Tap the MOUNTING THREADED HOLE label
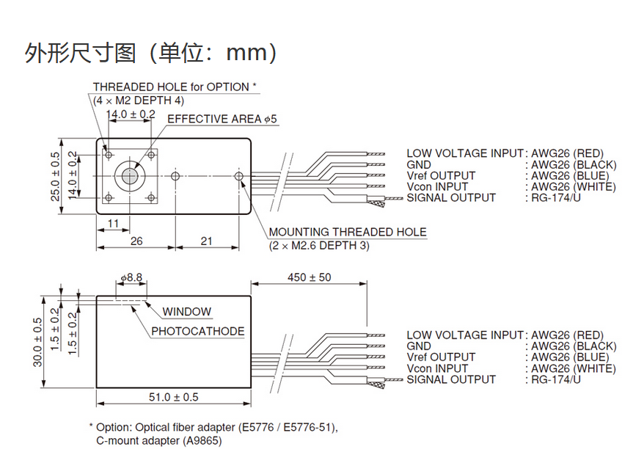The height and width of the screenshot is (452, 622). click(x=347, y=233)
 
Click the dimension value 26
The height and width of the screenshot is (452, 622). click(x=136, y=241)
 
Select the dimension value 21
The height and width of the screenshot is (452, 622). click(x=206, y=241)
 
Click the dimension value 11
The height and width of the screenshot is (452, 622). click(x=113, y=223)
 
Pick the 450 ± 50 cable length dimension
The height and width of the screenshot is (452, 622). click(x=310, y=277)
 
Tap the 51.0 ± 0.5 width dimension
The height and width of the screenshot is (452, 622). click(x=174, y=397)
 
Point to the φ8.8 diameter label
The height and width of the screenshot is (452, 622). click(x=130, y=278)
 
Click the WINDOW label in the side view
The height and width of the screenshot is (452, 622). click(x=186, y=312)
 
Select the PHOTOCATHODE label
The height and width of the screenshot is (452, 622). click(x=197, y=331)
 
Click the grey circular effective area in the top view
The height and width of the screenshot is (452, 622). click(x=129, y=175)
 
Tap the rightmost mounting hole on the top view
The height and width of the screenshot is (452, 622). click(x=239, y=176)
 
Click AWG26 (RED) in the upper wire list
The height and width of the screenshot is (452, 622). click(x=567, y=153)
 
